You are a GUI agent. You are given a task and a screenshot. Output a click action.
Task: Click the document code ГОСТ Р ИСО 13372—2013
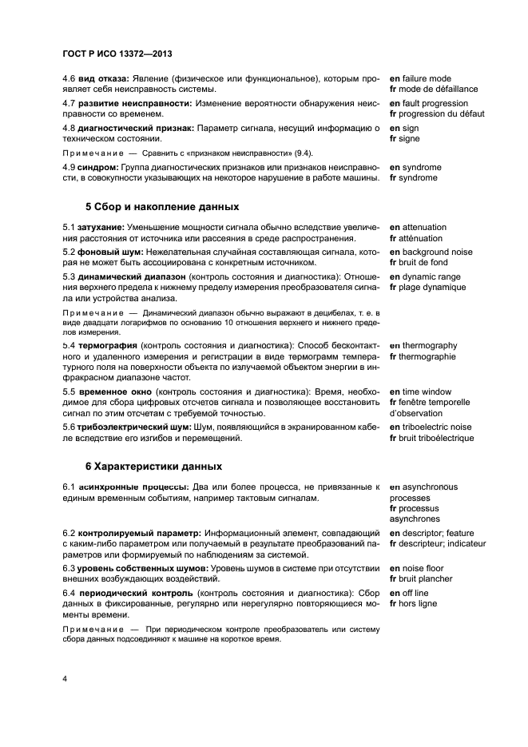[x=117, y=54]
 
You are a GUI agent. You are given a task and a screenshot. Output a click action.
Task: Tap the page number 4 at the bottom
[x=65, y=678]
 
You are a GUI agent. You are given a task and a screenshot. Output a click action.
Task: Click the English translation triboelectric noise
[x=436, y=427]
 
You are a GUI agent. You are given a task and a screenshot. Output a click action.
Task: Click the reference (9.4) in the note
[x=301, y=153]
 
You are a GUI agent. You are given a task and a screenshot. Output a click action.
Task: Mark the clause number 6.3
[x=69, y=568]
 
